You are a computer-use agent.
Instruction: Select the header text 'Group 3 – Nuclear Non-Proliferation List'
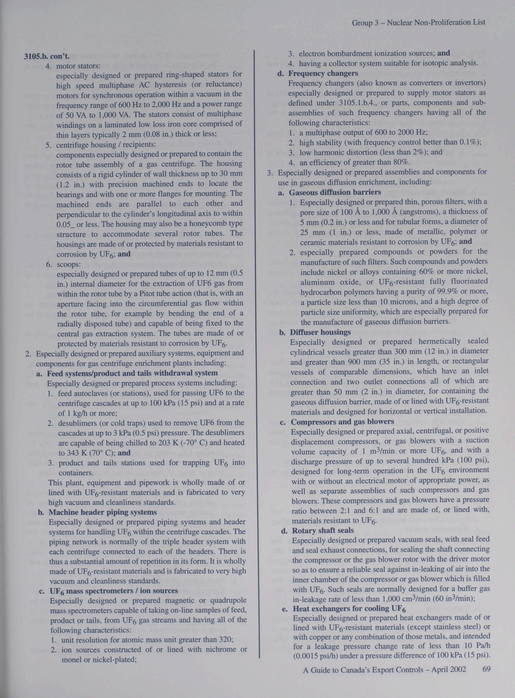click(x=418, y=23)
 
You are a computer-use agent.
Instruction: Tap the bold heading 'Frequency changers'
click(x=323, y=74)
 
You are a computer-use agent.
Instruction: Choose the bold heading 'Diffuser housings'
click(x=320, y=332)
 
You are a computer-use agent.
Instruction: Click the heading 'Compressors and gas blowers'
click(x=342, y=422)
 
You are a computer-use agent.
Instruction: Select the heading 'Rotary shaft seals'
click(x=323, y=530)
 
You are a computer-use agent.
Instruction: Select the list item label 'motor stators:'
click(x=78, y=66)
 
